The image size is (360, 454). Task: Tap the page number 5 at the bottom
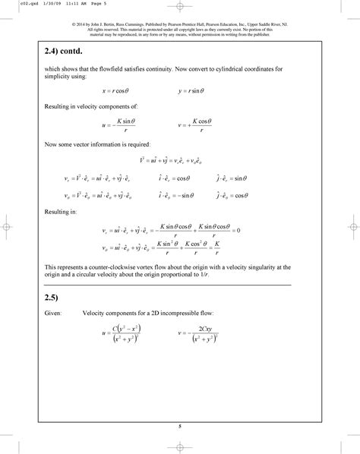[x=180, y=427]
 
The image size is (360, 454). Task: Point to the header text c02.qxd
[x=13, y=4]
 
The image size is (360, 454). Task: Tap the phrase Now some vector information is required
[x=98, y=143]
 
